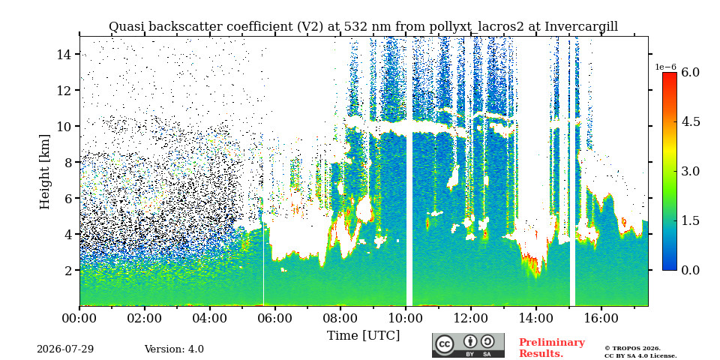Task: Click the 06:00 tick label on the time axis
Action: tap(275, 318)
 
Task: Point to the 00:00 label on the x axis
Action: tap(80, 318)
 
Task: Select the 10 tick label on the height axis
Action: tap(67, 126)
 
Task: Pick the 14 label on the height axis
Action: tap(67, 54)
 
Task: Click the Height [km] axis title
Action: tap(45, 172)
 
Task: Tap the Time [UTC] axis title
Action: tap(363, 336)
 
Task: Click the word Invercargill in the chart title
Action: tap(581, 27)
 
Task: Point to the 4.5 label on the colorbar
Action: tap(690, 121)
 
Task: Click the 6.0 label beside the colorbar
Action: tap(690, 72)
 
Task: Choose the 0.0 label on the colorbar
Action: tap(690, 270)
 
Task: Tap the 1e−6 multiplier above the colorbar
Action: tap(666, 67)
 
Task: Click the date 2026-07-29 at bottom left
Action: tap(65, 349)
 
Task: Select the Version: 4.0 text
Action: tap(174, 349)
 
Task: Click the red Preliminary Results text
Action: tap(552, 347)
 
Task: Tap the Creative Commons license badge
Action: tap(468, 345)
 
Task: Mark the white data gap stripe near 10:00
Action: tap(409, 171)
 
